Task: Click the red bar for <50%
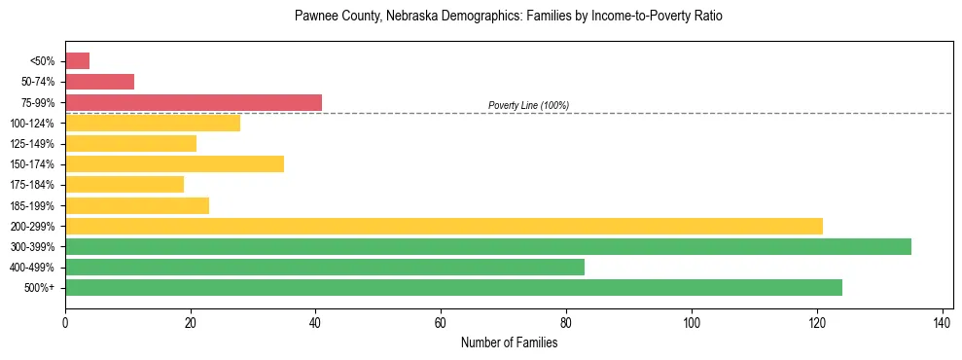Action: (x=77, y=61)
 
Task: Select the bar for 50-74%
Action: (x=99, y=82)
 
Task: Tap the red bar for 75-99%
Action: (x=194, y=102)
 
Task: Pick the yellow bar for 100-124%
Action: (x=153, y=123)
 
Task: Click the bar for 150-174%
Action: (x=174, y=163)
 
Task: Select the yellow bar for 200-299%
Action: (x=444, y=226)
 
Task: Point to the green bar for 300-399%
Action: (x=487, y=246)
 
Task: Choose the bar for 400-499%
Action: (x=325, y=267)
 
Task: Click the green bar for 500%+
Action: (x=453, y=287)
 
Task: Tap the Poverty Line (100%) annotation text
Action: (x=528, y=105)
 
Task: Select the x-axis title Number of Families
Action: (x=509, y=342)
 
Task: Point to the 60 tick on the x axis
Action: (x=441, y=322)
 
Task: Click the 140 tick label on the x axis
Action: (x=942, y=322)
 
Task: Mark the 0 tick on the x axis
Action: (x=65, y=322)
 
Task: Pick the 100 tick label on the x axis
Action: (x=691, y=322)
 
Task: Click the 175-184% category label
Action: (x=32, y=185)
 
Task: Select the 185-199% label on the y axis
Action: (x=32, y=205)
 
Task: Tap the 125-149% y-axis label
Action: (x=32, y=144)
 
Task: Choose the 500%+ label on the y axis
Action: (x=39, y=288)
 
